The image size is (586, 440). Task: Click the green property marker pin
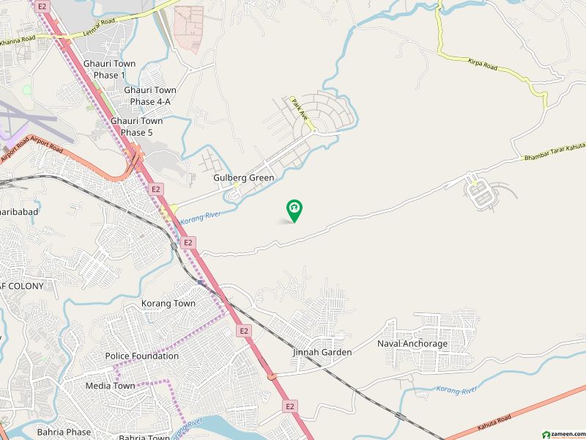coord(294,210)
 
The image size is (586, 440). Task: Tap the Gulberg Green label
coord(244,178)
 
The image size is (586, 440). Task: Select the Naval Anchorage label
coord(412,343)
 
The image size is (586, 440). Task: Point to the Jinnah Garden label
coord(322,352)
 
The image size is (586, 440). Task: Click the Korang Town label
coord(168,304)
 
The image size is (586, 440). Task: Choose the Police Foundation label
coord(142,356)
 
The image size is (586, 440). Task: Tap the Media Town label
coord(110,386)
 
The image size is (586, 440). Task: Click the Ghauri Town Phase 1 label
coord(109,70)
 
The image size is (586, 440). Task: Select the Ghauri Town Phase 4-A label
coord(150,96)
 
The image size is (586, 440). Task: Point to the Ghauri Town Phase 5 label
coord(137,127)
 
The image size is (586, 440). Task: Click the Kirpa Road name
coord(482,65)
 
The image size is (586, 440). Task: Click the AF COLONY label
coord(22,286)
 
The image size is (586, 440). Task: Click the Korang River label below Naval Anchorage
coord(457,389)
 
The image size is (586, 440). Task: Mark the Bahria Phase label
coord(64,432)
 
